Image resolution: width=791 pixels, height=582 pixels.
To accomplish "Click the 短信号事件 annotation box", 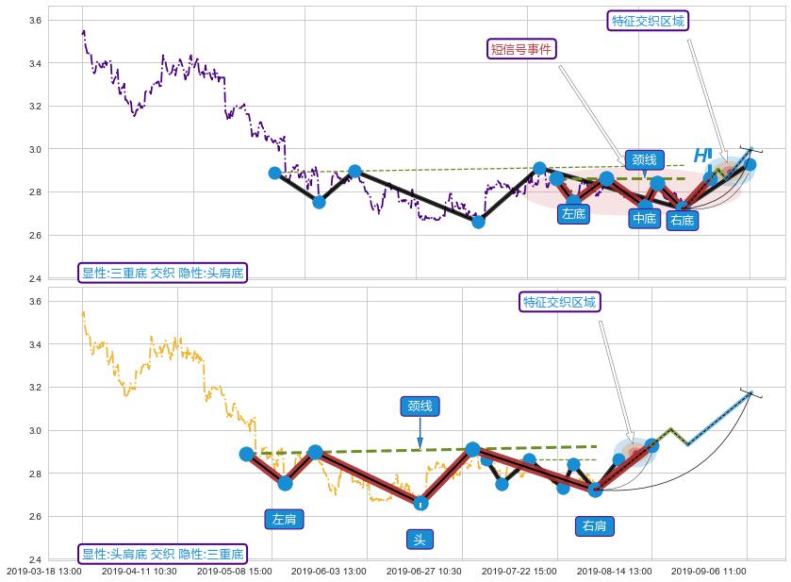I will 522,49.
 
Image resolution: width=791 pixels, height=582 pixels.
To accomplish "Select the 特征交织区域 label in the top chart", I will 648,21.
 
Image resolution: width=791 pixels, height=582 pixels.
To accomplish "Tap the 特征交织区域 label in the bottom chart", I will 560,302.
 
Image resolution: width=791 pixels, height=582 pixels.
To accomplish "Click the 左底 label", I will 573,214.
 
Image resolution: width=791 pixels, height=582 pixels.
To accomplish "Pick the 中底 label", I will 644,219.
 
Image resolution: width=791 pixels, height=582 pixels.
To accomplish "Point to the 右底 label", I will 682,221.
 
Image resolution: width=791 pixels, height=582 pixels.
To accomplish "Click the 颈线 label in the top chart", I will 644,160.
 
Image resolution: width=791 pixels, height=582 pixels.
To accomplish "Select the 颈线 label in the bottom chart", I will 420,407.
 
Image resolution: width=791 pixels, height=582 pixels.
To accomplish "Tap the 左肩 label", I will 285,519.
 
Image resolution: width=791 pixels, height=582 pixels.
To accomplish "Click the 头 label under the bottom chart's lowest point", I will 420,540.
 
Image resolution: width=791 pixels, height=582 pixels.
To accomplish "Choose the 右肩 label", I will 594,526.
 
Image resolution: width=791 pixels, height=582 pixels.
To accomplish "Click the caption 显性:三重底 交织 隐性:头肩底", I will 162,274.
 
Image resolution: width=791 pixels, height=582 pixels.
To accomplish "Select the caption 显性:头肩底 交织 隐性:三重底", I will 162,555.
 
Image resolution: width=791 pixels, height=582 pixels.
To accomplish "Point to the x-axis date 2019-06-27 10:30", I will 424,572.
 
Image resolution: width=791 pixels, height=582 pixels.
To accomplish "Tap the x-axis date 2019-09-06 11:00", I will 709,572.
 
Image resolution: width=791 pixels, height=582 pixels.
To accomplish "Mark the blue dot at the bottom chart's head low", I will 420,504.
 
